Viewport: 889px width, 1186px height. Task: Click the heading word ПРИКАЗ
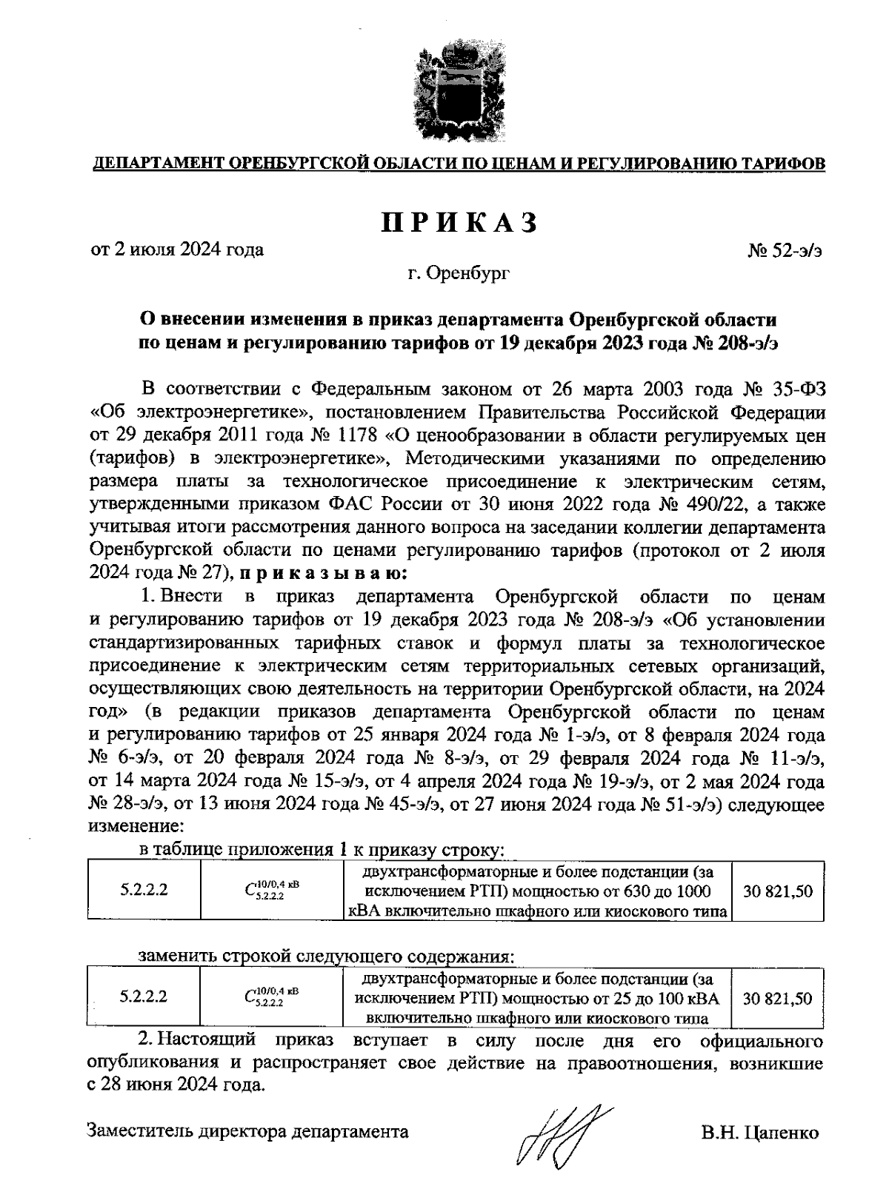tap(459, 222)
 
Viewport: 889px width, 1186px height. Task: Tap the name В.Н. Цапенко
tap(760, 1133)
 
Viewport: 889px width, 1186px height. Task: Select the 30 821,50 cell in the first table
tap(778, 891)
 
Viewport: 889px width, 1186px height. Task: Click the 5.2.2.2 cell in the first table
tap(144, 891)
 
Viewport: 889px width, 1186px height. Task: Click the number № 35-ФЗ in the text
tap(784, 389)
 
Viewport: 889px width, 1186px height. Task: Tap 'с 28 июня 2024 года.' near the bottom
tap(176, 1085)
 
